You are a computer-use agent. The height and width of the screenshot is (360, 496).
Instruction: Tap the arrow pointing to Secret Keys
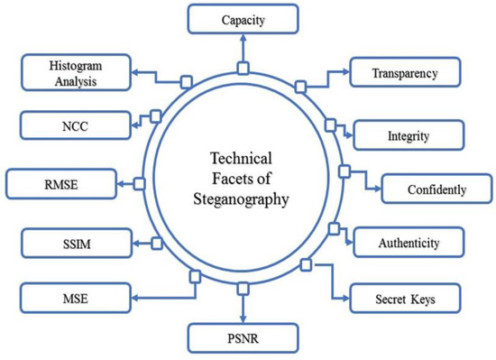pyautogui.click(x=338, y=291)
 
